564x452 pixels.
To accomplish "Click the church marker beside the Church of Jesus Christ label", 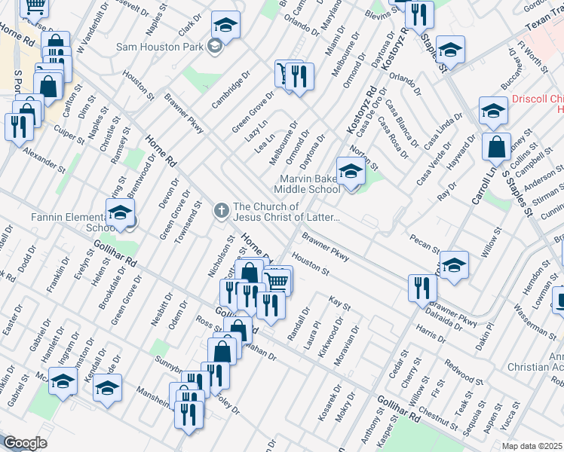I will [x=222, y=209].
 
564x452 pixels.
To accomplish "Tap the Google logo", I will [x=24, y=443].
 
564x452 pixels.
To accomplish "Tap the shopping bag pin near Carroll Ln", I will [x=498, y=148].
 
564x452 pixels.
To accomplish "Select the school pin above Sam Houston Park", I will [x=225, y=25].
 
